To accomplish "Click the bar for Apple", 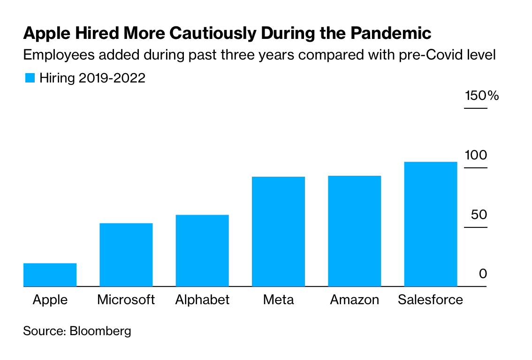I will pyautogui.click(x=50, y=275).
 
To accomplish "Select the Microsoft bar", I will pyautogui.click(x=126, y=255).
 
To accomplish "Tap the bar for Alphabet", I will pyautogui.click(x=202, y=250).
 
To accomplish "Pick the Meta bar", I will pyautogui.click(x=278, y=232).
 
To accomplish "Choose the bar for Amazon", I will pyautogui.click(x=354, y=231).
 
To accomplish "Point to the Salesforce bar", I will pyautogui.click(x=430, y=224).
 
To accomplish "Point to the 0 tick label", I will pyautogui.click(x=483, y=274).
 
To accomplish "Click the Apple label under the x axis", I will pyautogui.click(x=50, y=300).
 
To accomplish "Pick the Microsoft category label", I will pyautogui.click(x=126, y=300).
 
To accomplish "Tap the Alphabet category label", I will pyautogui.click(x=202, y=300).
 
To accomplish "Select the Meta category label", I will pyautogui.click(x=278, y=300).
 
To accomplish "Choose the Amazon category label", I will pyautogui.click(x=354, y=300).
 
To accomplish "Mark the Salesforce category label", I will pyautogui.click(x=430, y=300).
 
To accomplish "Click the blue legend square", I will pyautogui.click(x=30, y=78).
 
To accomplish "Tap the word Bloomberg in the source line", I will pyautogui.click(x=100, y=331).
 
